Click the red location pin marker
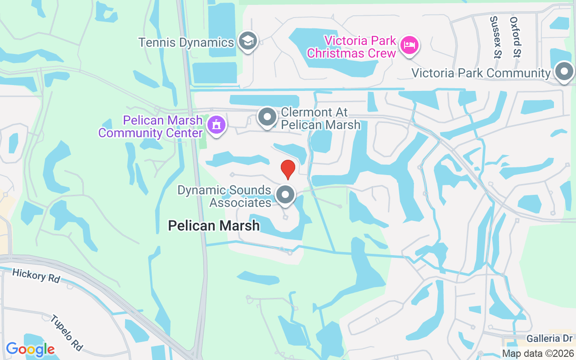coord(288,169)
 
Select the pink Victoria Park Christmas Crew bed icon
coord(410,45)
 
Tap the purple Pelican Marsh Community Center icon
coord(216,125)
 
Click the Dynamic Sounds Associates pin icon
coord(285,195)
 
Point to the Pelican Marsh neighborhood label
coord(214,225)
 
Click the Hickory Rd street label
coord(36,275)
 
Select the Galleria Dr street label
coord(550,338)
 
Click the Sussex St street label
coord(495,37)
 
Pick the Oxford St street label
coord(516,37)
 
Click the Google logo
coord(30,349)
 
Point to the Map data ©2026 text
coord(538,353)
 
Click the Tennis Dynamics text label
coord(186,42)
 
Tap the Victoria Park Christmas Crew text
coord(351,47)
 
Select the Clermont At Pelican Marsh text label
coord(320,118)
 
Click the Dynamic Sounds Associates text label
coord(224,196)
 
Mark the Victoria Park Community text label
coord(481,73)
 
